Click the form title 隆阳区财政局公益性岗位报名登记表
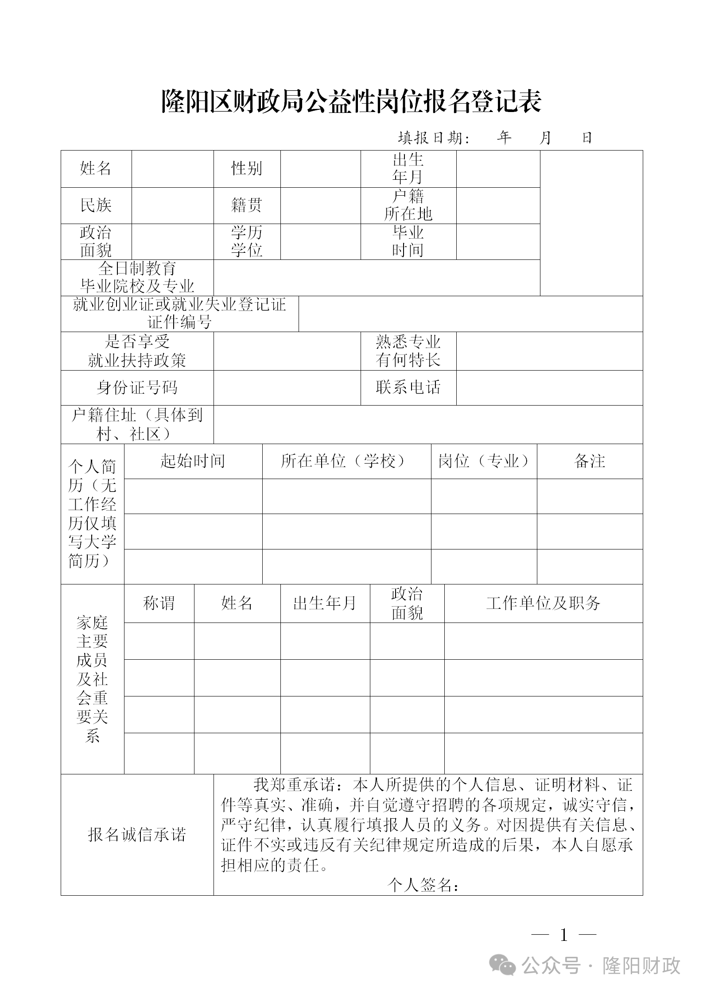click(x=351, y=102)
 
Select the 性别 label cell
click(x=247, y=169)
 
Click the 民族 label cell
click(x=96, y=205)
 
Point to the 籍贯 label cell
click(x=247, y=205)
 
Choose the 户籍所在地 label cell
click(x=408, y=205)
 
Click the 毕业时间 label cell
click(x=408, y=242)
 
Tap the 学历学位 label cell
click(x=247, y=242)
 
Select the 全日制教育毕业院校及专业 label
click(x=137, y=278)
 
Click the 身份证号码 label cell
click(x=137, y=388)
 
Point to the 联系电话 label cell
click(x=408, y=387)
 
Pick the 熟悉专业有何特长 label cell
click(x=408, y=351)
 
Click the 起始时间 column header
click(x=193, y=461)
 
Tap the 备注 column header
click(x=590, y=461)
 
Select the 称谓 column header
click(x=159, y=603)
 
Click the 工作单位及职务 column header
click(x=543, y=603)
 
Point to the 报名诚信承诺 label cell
click(x=137, y=835)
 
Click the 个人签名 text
click(x=423, y=885)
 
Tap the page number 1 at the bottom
click(x=564, y=935)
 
